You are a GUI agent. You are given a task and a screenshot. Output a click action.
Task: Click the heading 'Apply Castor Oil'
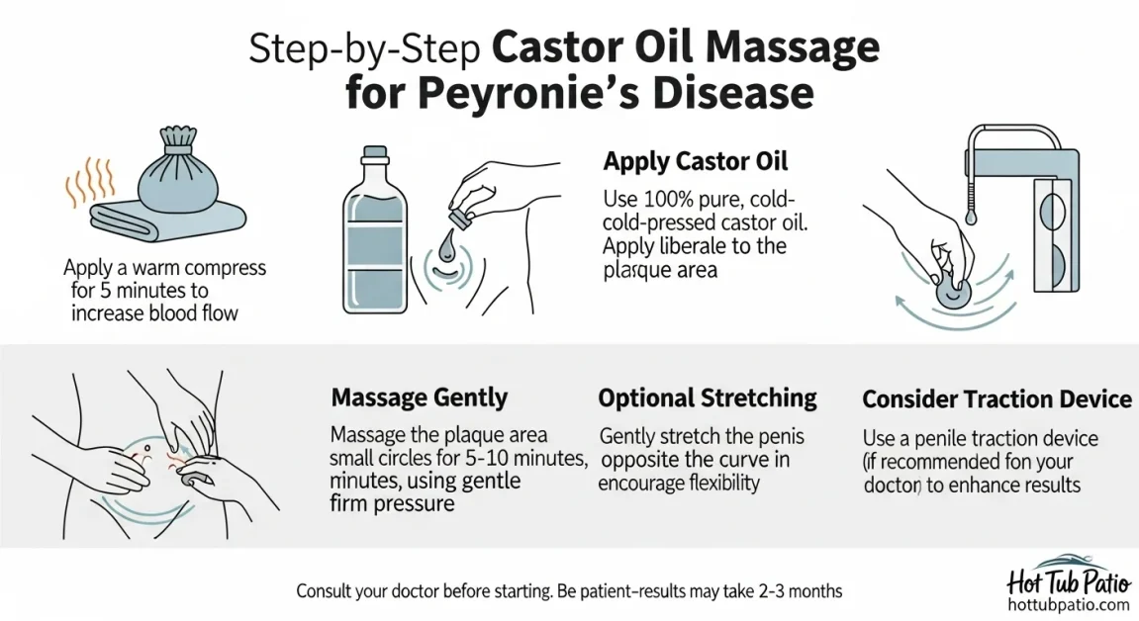click(x=696, y=161)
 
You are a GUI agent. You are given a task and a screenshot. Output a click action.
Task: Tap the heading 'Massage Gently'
click(x=419, y=399)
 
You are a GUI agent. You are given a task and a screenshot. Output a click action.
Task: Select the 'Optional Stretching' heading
click(x=708, y=399)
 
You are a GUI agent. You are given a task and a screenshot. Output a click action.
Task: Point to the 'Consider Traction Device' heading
click(x=997, y=399)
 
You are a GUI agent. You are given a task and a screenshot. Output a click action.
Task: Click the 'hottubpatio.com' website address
click(x=1067, y=604)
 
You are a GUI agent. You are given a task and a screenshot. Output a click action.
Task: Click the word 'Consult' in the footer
click(x=327, y=591)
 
